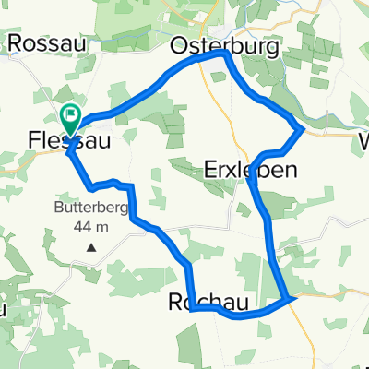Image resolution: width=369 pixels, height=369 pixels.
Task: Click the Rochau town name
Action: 205,302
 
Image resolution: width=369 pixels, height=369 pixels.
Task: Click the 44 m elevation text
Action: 90,227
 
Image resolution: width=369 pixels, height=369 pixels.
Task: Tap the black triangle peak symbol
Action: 91,247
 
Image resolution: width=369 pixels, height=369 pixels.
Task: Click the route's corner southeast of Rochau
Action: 292,298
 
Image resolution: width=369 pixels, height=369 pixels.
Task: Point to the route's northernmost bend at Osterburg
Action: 224,54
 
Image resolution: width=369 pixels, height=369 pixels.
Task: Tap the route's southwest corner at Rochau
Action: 191,311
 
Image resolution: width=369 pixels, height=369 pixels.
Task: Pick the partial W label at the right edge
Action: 363,143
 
